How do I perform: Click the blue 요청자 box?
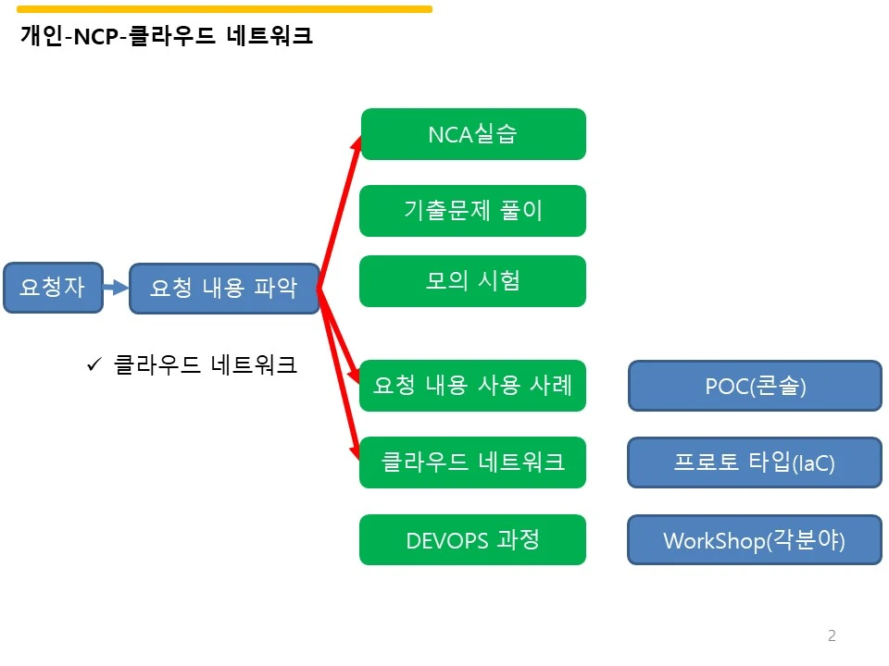[x=54, y=288]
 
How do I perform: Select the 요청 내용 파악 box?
[x=224, y=289]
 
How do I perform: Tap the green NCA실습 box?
[x=473, y=134]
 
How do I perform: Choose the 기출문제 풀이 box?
[x=473, y=211]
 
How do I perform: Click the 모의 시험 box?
[x=473, y=281]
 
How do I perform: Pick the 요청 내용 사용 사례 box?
[x=473, y=386]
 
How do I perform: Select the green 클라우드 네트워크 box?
[x=473, y=462]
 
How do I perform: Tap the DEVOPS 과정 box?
[x=473, y=539]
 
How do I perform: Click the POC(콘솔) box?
[x=756, y=386]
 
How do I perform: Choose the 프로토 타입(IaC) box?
[x=755, y=462]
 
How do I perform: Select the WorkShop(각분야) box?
[x=755, y=539]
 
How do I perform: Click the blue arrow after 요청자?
[x=117, y=287]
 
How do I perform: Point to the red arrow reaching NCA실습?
[x=340, y=212]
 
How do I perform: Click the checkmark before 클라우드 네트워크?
[x=94, y=364]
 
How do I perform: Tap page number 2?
[x=832, y=635]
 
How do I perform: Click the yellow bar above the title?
[x=224, y=9]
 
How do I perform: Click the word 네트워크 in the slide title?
[x=269, y=36]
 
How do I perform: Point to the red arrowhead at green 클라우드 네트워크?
[x=355, y=451]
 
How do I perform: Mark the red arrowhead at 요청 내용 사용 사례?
[x=354, y=374]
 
